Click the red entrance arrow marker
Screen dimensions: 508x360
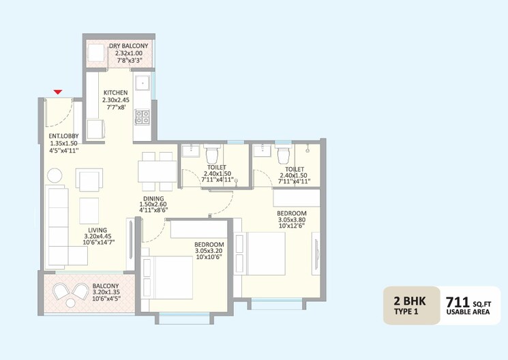pyautogui.click(x=58, y=92)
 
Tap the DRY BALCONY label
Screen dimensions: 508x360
pyautogui.click(x=128, y=46)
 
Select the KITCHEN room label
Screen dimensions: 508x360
pyautogui.click(x=116, y=93)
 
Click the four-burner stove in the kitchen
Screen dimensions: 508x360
pyautogui.click(x=143, y=117)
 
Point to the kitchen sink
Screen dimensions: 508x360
pyautogui.click(x=143, y=83)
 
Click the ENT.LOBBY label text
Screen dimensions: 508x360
pyautogui.click(x=63, y=136)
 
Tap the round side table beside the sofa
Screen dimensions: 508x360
pyautogui.click(x=55, y=176)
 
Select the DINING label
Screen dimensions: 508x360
pyautogui.click(x=153, y=198)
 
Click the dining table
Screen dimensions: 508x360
pyautogui.click(x=157, y=171)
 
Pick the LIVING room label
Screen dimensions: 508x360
pyautogui.click(x=98, y=230)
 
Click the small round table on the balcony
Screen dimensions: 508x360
pyautogui.click(x=70, y=303)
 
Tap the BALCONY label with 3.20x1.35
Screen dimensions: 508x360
pyautogui.click(x=106, y=286)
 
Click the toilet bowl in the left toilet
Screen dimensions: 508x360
pyautogui.click(x=213, y=155)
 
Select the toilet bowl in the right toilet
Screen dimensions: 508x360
pyautogui.click(x=284, y=155)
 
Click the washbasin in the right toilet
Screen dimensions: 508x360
pyautogui.click(x=261, y=151)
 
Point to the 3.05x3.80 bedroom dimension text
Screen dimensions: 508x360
pyautogui.click(x=292, y=220)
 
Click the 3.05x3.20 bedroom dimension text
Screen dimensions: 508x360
pyautogui.click(x=209, y=251)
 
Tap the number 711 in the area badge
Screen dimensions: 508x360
pyautogui.click(x=458, y=302)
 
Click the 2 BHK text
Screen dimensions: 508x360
pyautogui.click(x=410, y=301)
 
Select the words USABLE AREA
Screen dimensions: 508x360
pyautogui.click(x=468, y=312)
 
